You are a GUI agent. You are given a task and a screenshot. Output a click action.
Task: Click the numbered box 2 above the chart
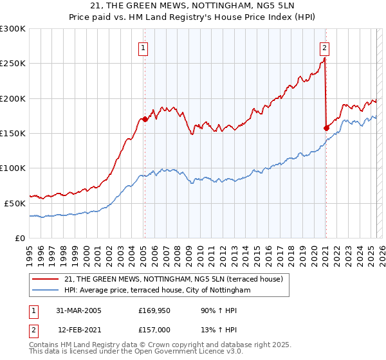pyautogui.click(x=325, y=47)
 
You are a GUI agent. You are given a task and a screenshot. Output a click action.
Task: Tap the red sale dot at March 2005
pyautogui.click(x=145, y=119)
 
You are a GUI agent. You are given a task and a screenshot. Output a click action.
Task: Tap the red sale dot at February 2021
pyautogui.click(x=326, y=128)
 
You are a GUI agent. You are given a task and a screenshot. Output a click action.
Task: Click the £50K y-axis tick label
pyautogui.click(x=15, y=203)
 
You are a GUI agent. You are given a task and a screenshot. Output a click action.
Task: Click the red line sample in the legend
pyautogui.click(x=46, y=279)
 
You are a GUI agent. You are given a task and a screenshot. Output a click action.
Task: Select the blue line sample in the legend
pyautogui.click(x=46, y=291)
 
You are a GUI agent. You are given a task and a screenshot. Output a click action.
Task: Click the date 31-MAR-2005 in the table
pyautogui.click(x=78, y=310)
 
